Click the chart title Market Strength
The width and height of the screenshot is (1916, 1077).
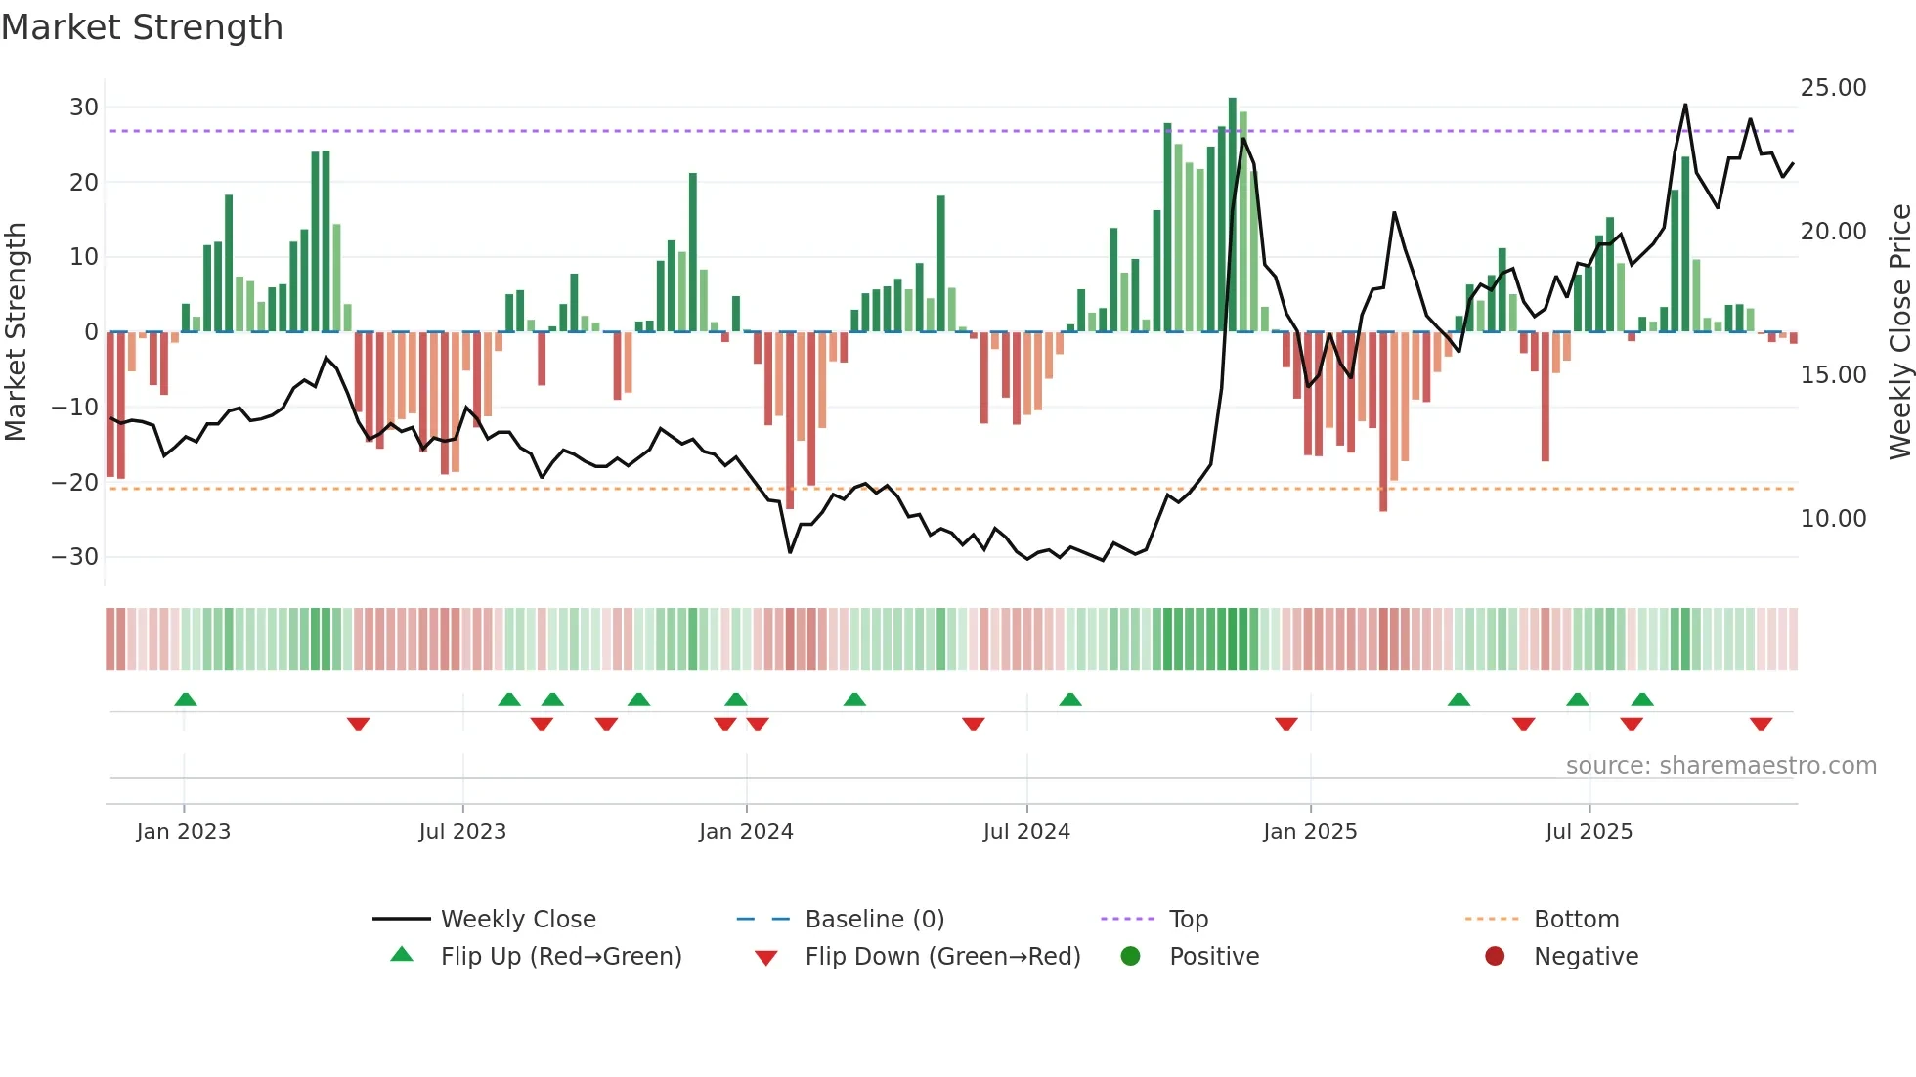tap(142, 27)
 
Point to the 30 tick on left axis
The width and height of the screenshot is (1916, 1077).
tap(84, 108)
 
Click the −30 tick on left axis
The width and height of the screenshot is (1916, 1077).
tap(75, 557)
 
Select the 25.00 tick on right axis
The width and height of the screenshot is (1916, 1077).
tap(1833, 88)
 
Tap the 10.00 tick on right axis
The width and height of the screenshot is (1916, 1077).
tap(1833, 519)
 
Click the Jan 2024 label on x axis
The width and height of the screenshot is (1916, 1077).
tap(746, 832)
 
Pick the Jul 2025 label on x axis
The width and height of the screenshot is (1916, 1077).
tap(1589, 832)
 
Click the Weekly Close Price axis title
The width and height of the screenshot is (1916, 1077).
tap(1899, 332)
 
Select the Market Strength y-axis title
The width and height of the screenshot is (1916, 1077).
tap(16, 332)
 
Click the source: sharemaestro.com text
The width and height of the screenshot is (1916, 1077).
tap(1720, 766)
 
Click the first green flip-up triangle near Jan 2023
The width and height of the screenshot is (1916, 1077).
tap(186, 699)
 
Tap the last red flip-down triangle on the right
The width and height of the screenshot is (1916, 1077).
tap(1761, 724)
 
